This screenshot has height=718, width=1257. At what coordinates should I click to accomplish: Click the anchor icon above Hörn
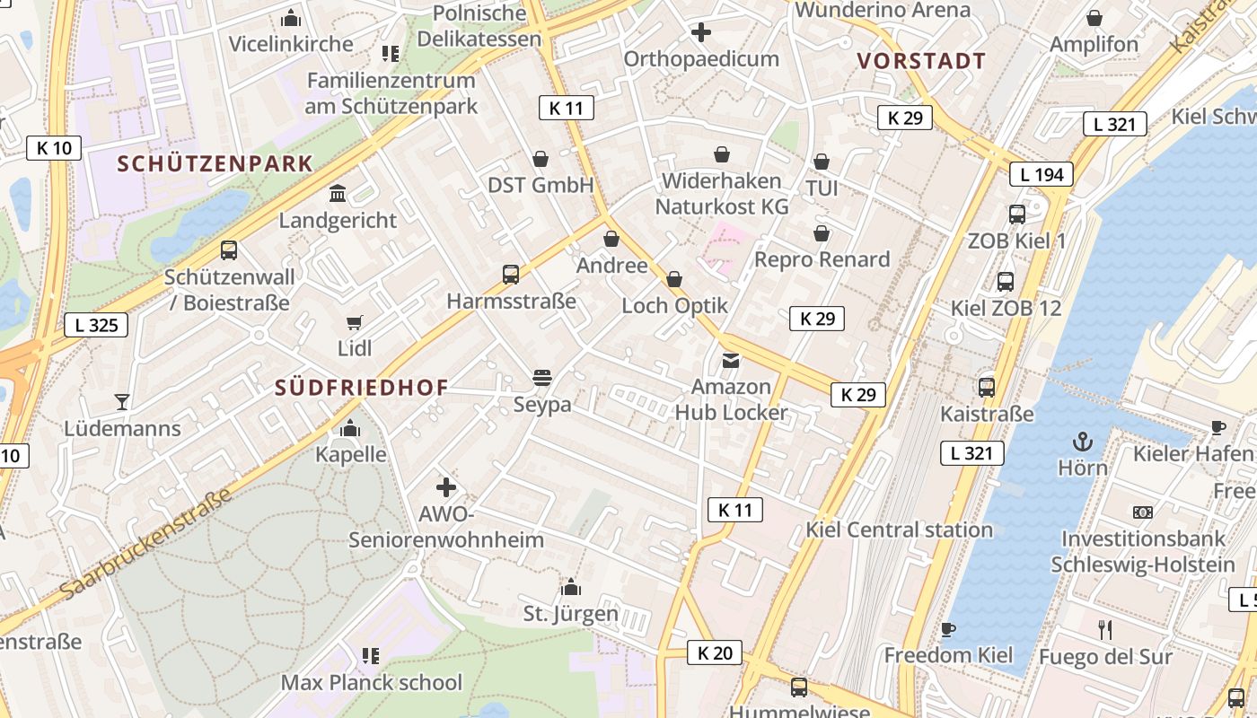(x=1083, y=442)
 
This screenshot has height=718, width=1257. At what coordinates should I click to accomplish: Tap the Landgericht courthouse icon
(x=338, y=193)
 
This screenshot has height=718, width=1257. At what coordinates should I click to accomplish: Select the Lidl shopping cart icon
(x=355, y=322)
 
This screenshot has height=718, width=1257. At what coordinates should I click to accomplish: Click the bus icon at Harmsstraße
(x=511, y=275)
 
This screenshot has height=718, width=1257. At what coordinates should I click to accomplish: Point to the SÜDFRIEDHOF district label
(x=361, y=388)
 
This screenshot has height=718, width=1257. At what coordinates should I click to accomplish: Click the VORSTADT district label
(x=921, y=62)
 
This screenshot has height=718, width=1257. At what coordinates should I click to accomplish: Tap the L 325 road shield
(x=96, y=325)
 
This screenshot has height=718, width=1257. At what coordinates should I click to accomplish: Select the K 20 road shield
(x=715, y=652)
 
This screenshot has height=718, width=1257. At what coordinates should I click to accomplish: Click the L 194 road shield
(x=1042, y=174)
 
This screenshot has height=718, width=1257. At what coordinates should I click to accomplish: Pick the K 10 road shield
(x=54, y=148)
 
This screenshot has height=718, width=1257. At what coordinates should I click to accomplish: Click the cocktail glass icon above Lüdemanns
(x=122, y=401)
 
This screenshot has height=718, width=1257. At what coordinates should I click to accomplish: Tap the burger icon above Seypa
(x=541, y=378)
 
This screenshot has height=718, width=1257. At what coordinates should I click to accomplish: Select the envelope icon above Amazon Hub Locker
(x=731, y=361)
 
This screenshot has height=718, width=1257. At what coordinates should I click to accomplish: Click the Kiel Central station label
(x=899, y=530)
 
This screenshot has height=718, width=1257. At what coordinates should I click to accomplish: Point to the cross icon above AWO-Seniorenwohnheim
(x=446, y=487)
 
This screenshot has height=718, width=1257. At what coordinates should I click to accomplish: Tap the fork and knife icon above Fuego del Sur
(x=1105, y=630)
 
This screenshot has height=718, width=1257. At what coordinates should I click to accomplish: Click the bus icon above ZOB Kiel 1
(x=1017, y=215)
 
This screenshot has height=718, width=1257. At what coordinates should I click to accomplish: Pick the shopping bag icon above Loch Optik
(x=674, y=279)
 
